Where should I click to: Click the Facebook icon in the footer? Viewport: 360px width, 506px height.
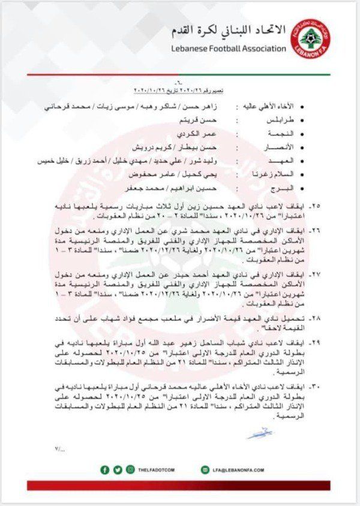(x=105, y=469)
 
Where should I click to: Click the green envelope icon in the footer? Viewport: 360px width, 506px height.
(x=205, y=469)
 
